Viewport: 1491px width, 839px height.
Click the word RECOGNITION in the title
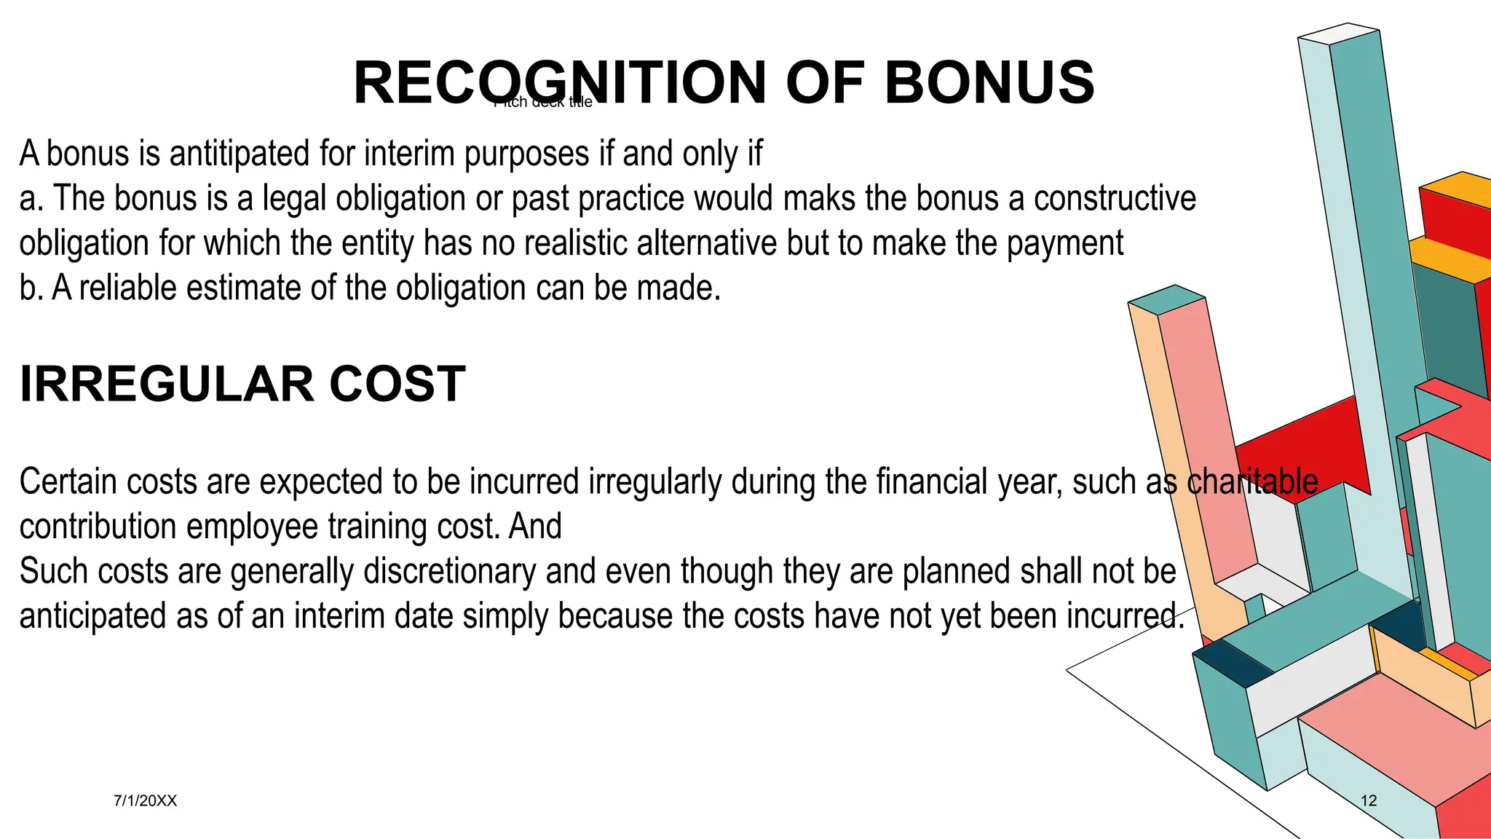pyautogui.click(x=560, y=82)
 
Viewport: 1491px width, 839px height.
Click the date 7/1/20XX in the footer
pyautogui.click(x=145, y=801)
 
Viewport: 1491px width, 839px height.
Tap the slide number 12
pyautogui.click(x=1369, y=801)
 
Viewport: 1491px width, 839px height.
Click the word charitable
pyautogui.click(x=1252, y=482)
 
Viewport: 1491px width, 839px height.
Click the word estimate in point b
pyautogui.click(x=244, y=288)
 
